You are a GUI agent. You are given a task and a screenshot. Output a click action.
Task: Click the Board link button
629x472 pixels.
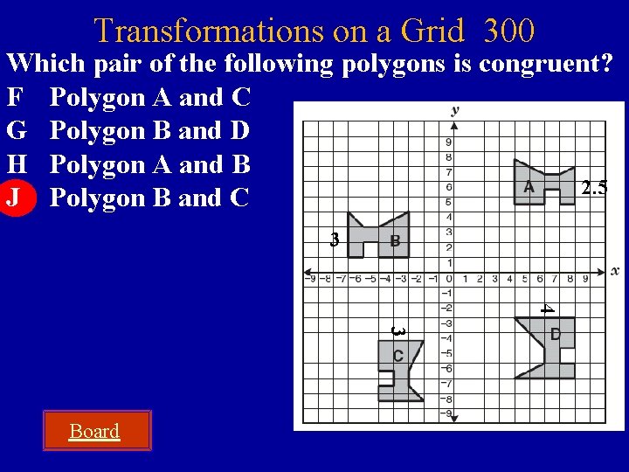click(x=94, y=431)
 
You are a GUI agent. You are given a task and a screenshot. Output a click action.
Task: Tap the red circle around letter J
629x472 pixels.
click(x=15, y=198)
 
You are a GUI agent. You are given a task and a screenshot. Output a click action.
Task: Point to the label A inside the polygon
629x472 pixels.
click(x=529, y=187)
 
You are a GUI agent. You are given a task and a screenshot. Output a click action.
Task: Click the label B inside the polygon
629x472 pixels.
click(x=395, y=240)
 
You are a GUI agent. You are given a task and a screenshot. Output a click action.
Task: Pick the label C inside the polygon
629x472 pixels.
click(x=397, y=356)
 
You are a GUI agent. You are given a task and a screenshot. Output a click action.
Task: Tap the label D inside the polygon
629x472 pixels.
click(x=556, y=334)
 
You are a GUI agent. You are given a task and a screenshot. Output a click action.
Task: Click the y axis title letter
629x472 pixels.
click(x=455, y=110)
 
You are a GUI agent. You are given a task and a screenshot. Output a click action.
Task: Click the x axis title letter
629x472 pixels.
click(x=615, y=271)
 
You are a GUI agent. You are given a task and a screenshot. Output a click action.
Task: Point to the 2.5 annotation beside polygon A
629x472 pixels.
click(x=594, y=187)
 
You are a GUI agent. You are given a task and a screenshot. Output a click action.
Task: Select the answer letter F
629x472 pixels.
click(x=14, y=97)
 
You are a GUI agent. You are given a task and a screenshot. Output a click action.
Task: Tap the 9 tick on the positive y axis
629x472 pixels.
click(x=448, y=142)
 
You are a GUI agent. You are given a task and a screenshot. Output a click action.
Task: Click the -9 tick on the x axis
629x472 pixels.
click(x=312, y=280)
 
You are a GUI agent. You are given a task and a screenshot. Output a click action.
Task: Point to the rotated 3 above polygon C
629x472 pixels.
click(x=397, y=331)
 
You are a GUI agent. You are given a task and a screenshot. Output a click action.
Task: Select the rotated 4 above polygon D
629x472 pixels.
click(x=546, y=308)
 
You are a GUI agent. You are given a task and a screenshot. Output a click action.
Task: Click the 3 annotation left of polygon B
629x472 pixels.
click(x=334, y=239)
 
